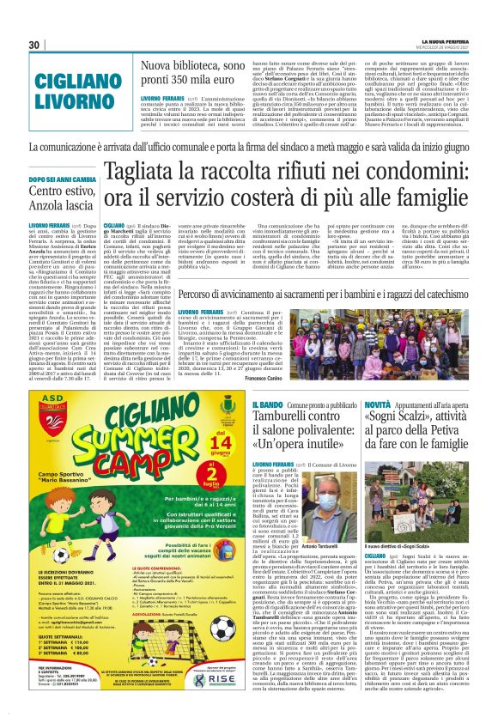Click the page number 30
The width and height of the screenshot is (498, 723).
click(34, 45)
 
